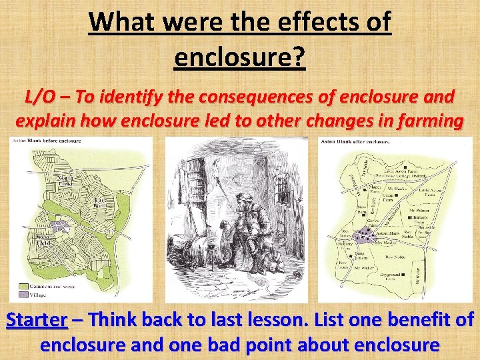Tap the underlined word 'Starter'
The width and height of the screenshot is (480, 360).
(x=37, y=319)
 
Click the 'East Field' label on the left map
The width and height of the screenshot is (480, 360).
(x=101, y=203)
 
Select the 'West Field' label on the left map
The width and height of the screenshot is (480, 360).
(x=43, y=239)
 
